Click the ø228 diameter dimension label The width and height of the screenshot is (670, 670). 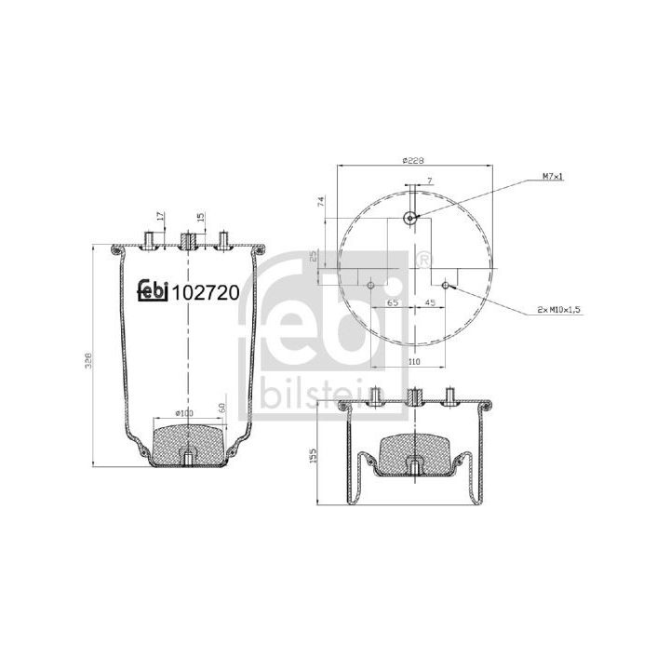click(x=413, y=161)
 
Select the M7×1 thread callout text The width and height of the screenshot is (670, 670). click(x=553, y=176)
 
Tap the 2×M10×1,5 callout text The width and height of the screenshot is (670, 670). click(x=560, y=310)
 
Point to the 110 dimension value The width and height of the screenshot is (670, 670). click(x=414, y=361)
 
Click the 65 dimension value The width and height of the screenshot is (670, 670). click(x=393, y=302)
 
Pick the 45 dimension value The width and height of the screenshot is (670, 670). click(x=429, y=302)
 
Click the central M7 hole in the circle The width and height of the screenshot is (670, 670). click(x=410, y=219)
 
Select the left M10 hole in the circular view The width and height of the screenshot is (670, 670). click(x=371, y=285)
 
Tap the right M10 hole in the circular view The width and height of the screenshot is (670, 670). click(x=446, y=285)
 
